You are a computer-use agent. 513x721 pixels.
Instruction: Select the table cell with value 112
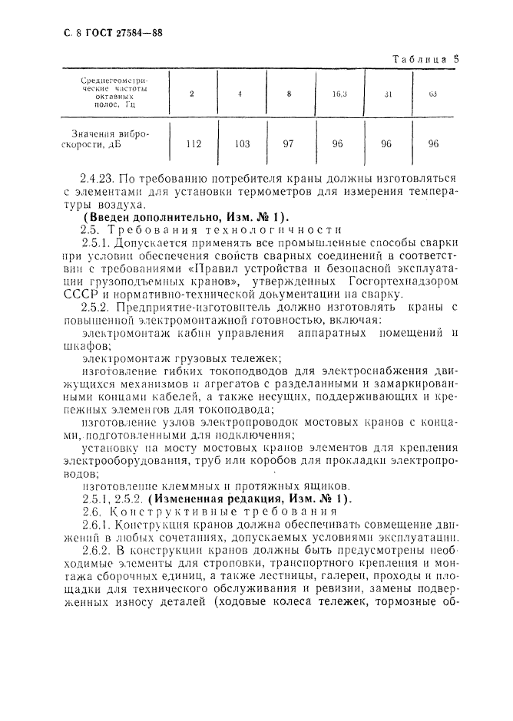191,143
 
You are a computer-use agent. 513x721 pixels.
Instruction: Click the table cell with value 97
289,143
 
